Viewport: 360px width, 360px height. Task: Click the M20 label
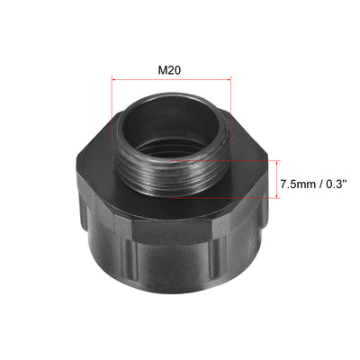click(x=169, y=70)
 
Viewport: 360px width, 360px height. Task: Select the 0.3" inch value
click(x=337, y=184)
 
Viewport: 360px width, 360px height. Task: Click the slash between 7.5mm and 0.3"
click(x=320, y=184)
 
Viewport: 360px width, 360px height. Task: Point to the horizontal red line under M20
click(x=171, y=80)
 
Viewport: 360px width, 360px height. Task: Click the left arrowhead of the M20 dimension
click(x=113, y=80)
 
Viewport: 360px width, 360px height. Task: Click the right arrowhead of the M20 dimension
click(x=229, y=80)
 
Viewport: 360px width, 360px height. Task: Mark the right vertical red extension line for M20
click(x=231, y=108)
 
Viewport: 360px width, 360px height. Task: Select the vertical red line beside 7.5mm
click(x=278, y=179)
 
